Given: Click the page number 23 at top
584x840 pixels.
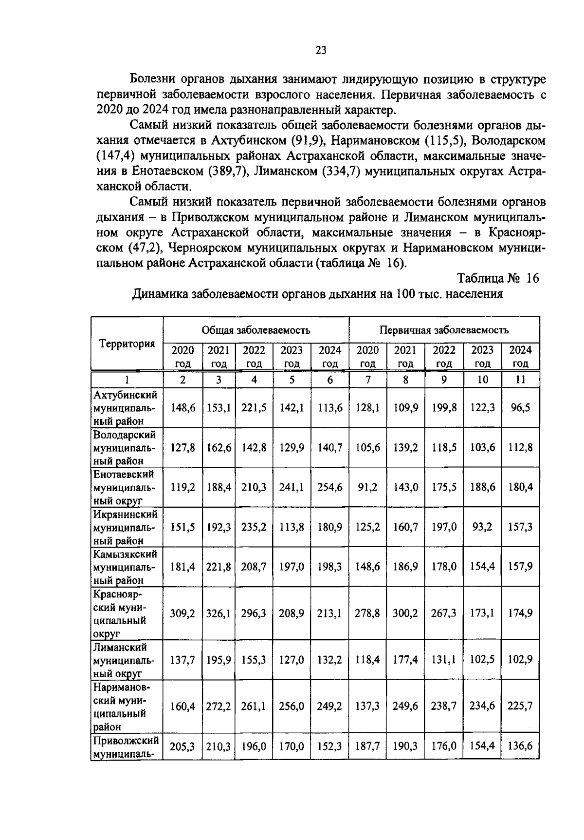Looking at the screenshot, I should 321,50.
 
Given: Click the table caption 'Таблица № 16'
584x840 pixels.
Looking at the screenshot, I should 498,278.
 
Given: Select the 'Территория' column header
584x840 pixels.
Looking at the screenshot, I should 127,344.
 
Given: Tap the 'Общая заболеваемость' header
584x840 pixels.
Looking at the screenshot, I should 256,330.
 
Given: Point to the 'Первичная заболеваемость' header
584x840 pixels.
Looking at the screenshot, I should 444,330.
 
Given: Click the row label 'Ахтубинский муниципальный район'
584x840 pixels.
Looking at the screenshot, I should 126,407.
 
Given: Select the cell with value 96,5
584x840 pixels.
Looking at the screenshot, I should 520,407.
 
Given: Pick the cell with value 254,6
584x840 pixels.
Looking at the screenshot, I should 330,487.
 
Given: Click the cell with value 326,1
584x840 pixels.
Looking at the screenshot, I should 219,613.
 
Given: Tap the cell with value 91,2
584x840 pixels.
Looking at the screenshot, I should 367,487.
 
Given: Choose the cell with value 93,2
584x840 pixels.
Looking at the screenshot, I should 482,527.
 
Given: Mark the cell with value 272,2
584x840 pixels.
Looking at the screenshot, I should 219,706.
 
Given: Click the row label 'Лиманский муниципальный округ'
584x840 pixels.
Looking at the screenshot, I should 126,660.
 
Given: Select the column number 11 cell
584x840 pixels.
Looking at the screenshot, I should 520,380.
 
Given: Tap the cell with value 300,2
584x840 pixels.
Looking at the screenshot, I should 405,613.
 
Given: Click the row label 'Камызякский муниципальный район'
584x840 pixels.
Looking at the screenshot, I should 126,567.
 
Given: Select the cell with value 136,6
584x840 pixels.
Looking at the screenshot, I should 520,746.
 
